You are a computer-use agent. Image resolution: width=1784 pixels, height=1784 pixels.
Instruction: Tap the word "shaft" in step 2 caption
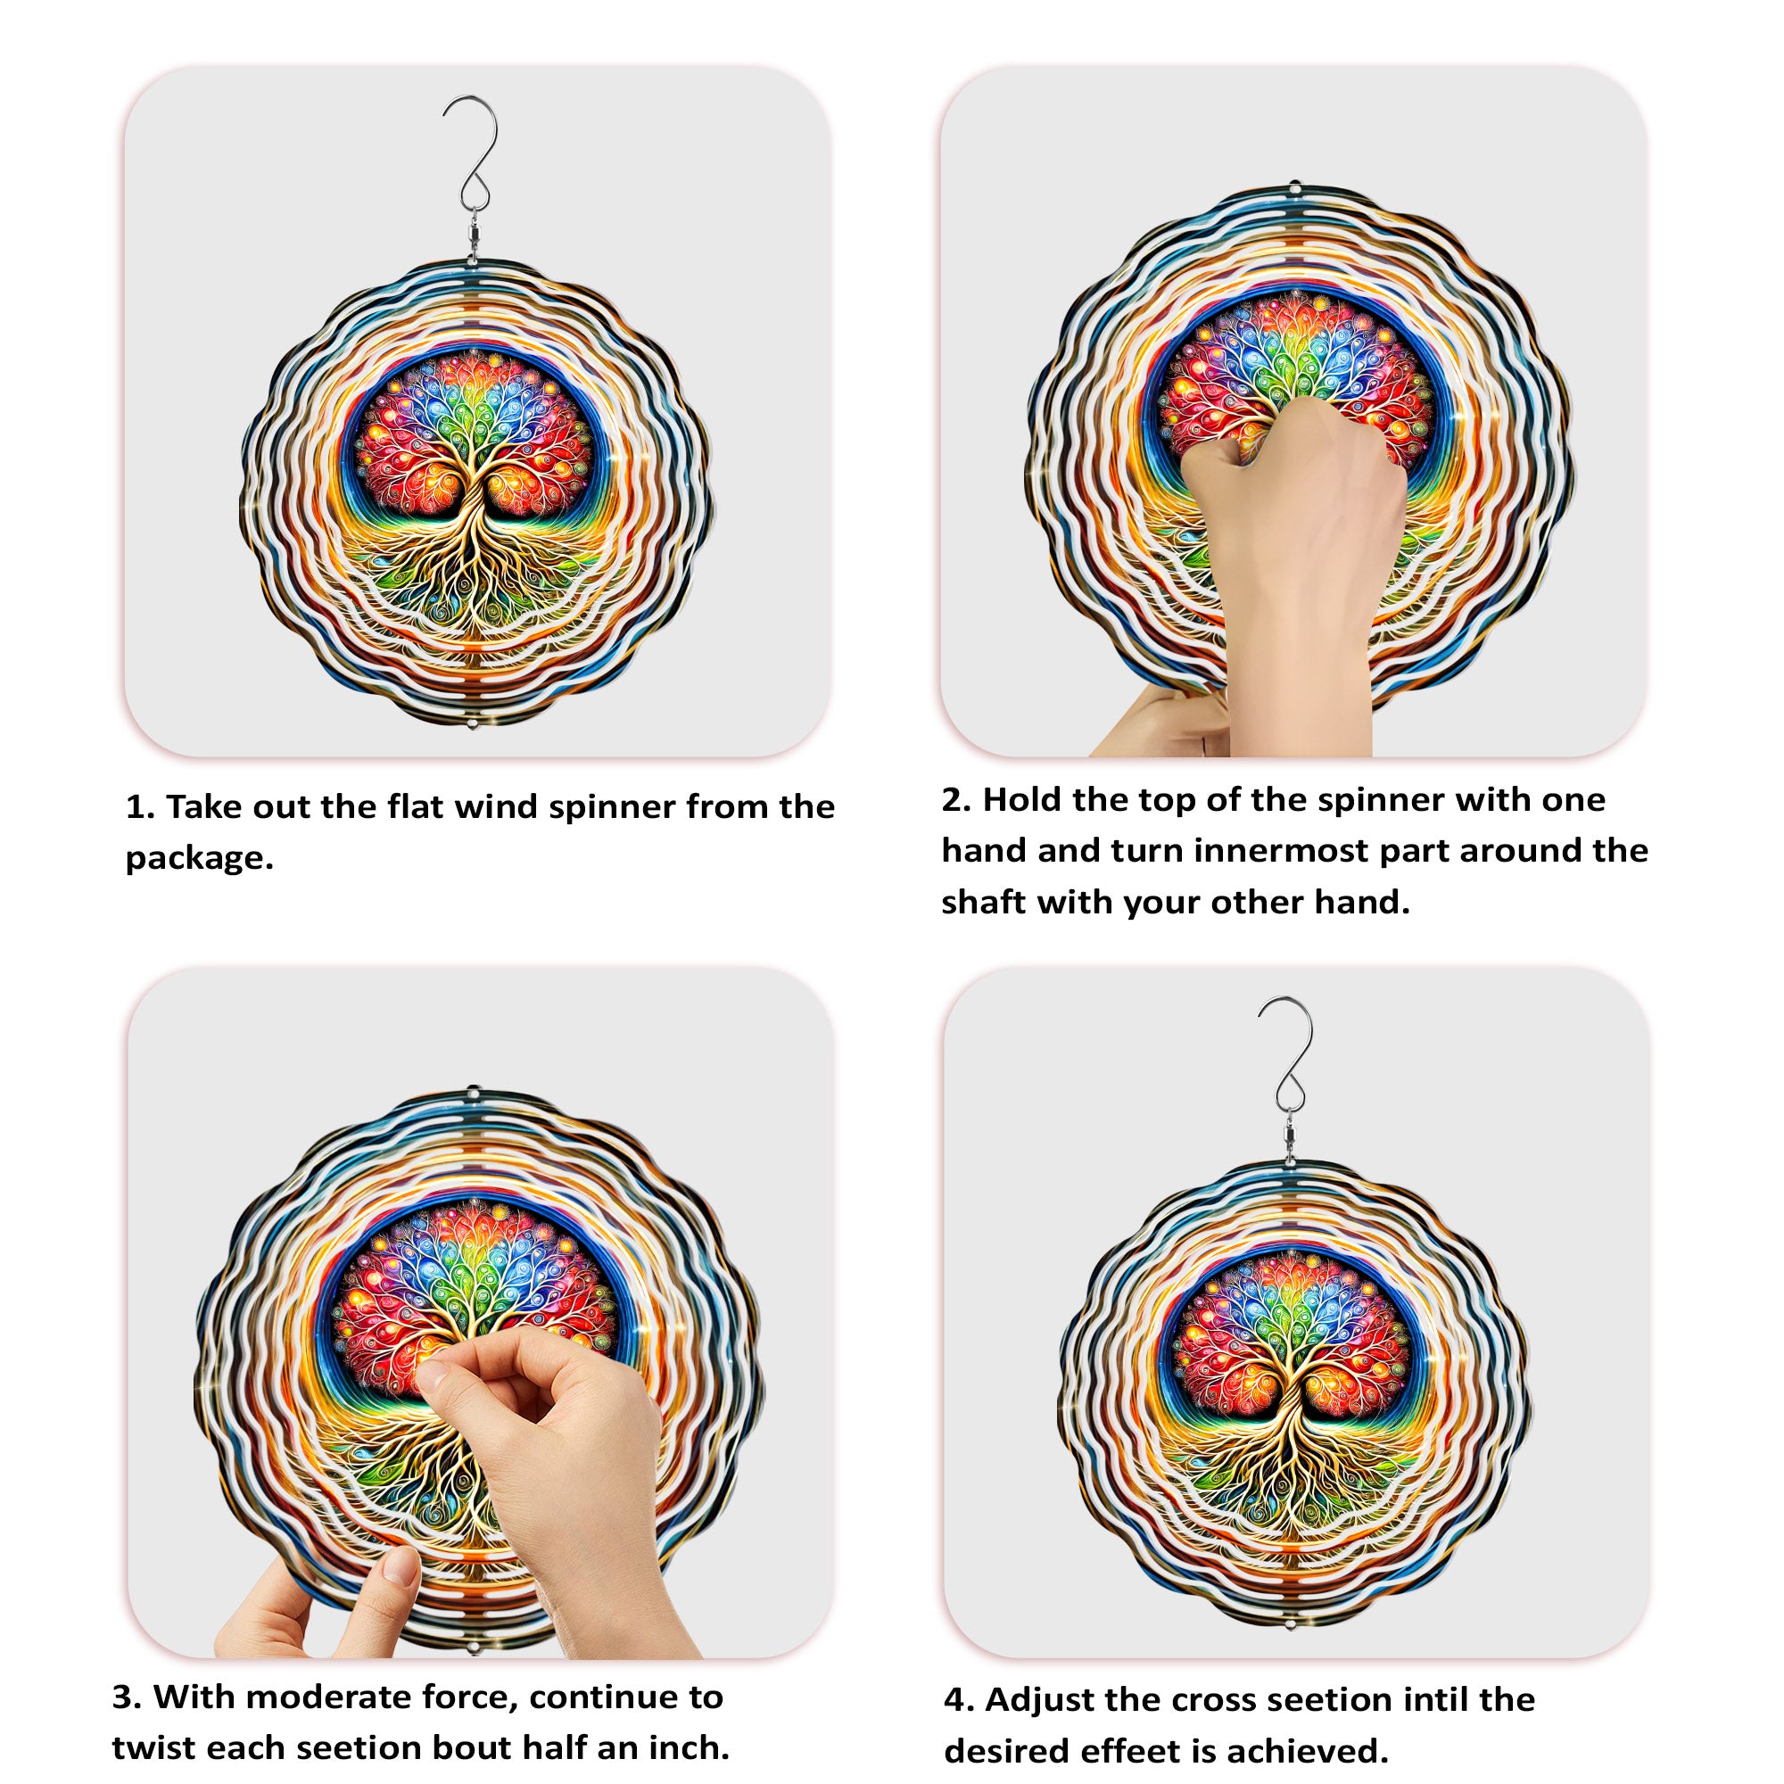(x=983, y=901)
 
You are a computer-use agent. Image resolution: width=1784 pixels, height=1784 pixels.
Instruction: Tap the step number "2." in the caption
(x=956, y=799)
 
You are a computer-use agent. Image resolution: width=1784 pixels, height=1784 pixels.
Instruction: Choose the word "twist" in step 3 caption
(x=153, y=1722)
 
